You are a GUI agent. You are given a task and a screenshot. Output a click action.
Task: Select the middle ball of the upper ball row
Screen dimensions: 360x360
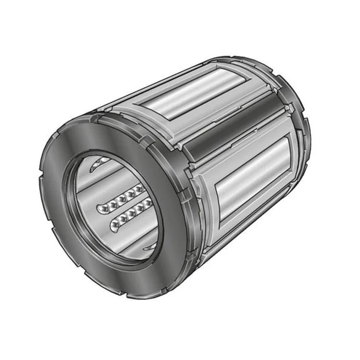[120, 199]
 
